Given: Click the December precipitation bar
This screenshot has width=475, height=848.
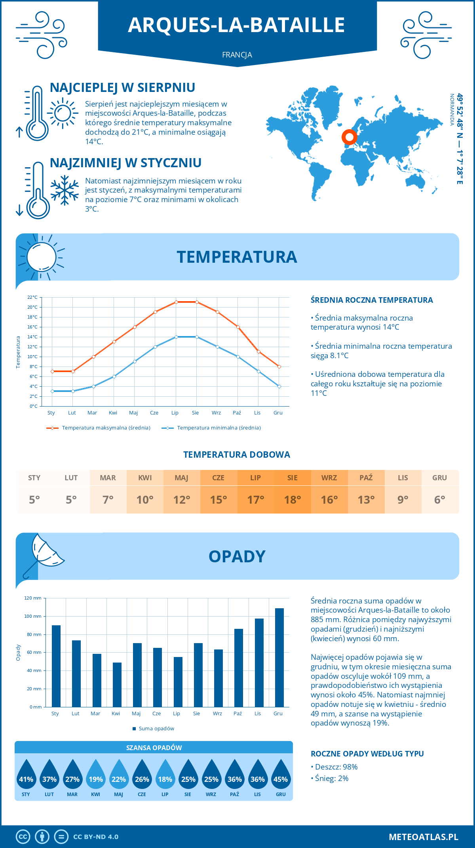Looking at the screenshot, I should pyautogui.click(x=279, y=657).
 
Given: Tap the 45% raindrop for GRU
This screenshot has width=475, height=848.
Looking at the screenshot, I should pyautogui.click(x=281, y=774).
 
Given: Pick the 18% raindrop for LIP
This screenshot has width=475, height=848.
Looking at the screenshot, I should pyautogui.click(x=165, y=774).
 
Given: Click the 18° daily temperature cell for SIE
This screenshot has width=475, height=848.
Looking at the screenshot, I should pyautogui.click(x=293, y=500).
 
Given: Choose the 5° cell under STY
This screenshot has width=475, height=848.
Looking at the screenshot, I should pyautogui.click(x=34, y=500).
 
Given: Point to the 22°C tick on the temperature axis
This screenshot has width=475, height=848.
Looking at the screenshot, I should pyautogui.click(x=32, y=297).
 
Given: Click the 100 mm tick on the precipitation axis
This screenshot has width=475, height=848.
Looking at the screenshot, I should pyautogui.click(x=33, y=616).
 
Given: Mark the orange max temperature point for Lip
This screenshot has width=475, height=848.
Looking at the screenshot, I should pyautogui.click(x=176, y=302).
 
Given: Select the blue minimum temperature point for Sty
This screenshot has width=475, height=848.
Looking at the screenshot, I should pyautogui.click(x=52, y=391).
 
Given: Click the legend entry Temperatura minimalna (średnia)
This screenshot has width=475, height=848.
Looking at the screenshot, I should pyautogui.click(x=218, y=428).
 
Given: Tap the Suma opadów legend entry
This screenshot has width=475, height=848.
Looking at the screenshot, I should pyautogui.click(x=156, y=729).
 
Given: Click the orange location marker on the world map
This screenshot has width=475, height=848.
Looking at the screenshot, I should pyautogui.click(x=349, y=137).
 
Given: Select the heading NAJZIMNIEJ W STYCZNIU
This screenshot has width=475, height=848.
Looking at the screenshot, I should pyautogui.click(x=125, y=163).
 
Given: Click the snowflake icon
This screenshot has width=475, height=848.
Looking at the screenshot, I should pyautogui.click(x=65, y=191).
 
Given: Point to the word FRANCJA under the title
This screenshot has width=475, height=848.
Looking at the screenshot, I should pyautogui.click(x=237, y=55).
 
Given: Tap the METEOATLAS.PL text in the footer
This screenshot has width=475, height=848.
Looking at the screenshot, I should pyautogui.click(x=424, y=837).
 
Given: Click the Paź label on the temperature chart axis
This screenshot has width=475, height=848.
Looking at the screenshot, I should pyautogui.click(x=237, y=413).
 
